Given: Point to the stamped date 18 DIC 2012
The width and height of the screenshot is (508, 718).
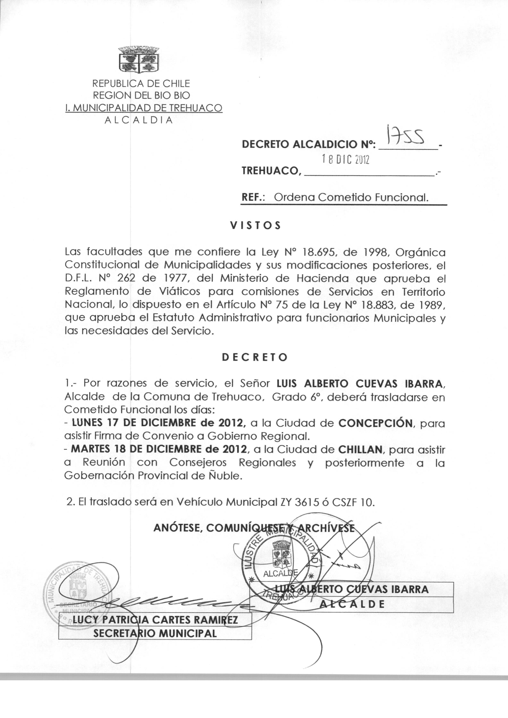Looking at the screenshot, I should click(345, 160).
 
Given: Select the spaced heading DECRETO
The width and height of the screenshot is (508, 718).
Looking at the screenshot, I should click(255, 358).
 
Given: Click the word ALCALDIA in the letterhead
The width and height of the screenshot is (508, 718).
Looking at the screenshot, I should click(139, 120).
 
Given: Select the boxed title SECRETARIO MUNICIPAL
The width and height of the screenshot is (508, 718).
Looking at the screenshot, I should click(155, 634).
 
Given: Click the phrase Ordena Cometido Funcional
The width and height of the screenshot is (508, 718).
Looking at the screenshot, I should click(351, 197).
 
